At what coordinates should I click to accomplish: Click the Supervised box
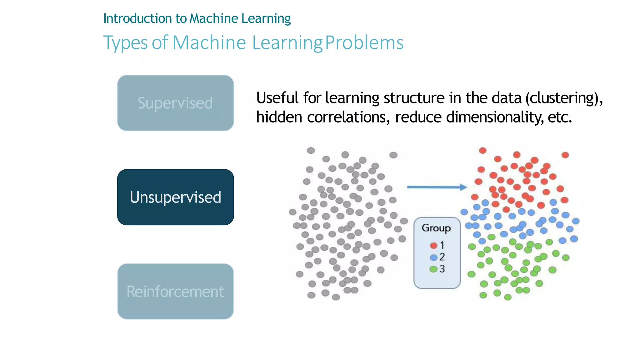point(175,103)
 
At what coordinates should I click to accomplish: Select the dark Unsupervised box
point(175,197)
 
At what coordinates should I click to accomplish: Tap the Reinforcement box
point(175,291)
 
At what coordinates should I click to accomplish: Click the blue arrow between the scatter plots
point(437,187)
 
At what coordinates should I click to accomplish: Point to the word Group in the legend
point(436,228)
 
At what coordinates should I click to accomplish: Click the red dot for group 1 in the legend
point(433,245)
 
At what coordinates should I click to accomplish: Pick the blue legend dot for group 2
point(433,257)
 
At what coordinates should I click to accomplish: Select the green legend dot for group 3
point(433,269)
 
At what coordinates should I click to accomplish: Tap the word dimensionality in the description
point(494,117)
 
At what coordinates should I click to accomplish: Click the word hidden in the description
point(279,117)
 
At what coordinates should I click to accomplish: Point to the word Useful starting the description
point(277,98)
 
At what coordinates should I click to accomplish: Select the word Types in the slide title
point(125,43)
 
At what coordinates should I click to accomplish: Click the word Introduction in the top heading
point(138,18)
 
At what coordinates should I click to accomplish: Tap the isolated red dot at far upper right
point(565,155)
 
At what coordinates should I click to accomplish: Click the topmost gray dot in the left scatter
point(311,150)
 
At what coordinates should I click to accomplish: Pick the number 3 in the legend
point(442,269)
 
